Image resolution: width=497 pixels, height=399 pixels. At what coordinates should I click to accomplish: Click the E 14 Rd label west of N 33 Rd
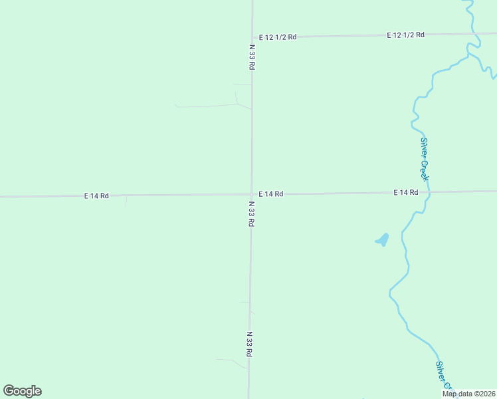point(96,196)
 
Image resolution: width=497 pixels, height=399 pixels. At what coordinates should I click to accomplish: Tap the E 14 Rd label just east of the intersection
point(271,194)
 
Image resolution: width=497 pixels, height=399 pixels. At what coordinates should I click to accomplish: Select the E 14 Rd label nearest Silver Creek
point(405,193)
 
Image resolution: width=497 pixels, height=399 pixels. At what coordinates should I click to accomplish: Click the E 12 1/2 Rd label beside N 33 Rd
point(277,37)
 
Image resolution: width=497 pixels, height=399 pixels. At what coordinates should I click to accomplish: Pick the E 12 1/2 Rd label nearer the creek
point(405,35)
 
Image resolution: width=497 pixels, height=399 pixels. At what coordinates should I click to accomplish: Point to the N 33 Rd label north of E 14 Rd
point(252,57)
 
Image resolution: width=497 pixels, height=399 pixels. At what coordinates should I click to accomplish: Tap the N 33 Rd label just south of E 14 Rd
point(251,214)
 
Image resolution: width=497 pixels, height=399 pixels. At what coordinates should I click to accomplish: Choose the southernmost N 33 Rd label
point(249,344)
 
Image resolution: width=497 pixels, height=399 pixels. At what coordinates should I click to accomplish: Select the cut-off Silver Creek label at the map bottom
point(443,376)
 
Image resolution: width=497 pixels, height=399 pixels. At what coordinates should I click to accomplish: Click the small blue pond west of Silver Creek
point(382,239)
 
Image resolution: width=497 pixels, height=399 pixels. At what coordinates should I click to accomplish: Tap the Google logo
point(22,391)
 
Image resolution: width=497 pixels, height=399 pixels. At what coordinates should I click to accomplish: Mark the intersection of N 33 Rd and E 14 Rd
point(251,194)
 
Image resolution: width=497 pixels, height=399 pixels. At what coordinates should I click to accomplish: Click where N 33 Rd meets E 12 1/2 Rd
point(252,37)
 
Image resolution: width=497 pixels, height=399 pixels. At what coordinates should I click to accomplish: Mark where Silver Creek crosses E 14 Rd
point(429,192)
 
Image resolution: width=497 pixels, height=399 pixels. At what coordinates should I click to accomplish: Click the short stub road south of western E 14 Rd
point(126,201)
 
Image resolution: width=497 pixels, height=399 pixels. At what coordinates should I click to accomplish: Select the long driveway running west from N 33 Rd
point(206,106)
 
